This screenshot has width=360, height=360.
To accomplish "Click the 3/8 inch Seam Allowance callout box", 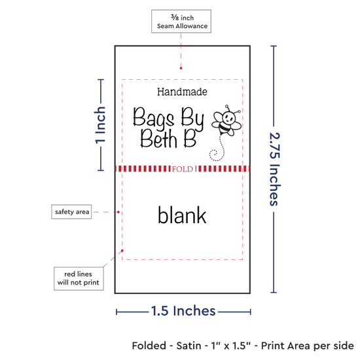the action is [x=181, y=21].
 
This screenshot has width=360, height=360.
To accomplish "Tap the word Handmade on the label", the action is [x=182, y=92].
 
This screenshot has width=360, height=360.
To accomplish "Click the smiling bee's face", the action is [x=228, y=117].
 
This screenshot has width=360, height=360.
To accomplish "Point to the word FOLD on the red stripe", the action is [x=183, y=169].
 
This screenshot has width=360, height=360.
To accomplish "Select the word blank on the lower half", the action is [x=182, y=215].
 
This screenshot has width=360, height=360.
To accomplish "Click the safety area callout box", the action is [x=71, y=211].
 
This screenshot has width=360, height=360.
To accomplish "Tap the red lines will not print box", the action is [x=79, y=278].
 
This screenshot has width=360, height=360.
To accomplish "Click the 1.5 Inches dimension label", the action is [x=183, y=311].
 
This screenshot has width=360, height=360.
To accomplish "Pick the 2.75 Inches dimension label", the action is [x=274, y=169].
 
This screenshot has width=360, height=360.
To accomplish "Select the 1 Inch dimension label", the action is [x=100, y=125].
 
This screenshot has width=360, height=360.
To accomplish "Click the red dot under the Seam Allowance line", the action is [x=181, y=68].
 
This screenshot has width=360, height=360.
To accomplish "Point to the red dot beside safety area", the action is [x=118, y=212].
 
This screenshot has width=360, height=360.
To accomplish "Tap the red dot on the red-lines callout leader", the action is [x=122, y=251].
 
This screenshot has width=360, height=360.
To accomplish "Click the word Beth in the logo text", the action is [x=158, y=139].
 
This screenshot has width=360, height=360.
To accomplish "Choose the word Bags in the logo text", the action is [x=153, y=118].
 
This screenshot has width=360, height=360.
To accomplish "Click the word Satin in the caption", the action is [x=189, y=346].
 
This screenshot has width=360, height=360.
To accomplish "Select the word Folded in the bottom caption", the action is [x=149, y=346].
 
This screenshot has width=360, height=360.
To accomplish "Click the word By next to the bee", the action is [x=192, y=118].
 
